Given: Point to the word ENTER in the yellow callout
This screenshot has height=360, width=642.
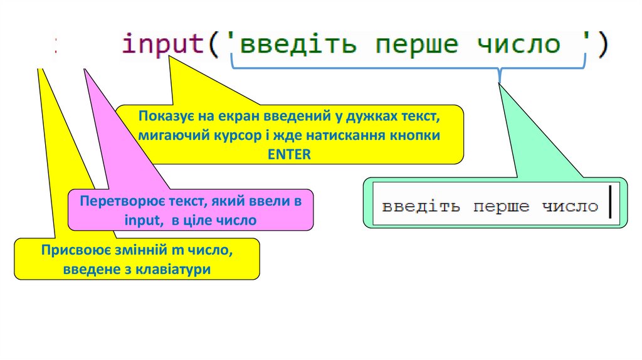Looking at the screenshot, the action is [289, 154].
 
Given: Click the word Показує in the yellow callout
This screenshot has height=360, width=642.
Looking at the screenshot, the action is [166, 117].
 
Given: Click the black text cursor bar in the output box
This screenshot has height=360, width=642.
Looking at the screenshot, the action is [609, 205].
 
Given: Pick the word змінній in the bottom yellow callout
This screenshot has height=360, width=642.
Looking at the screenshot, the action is [144, 251].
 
